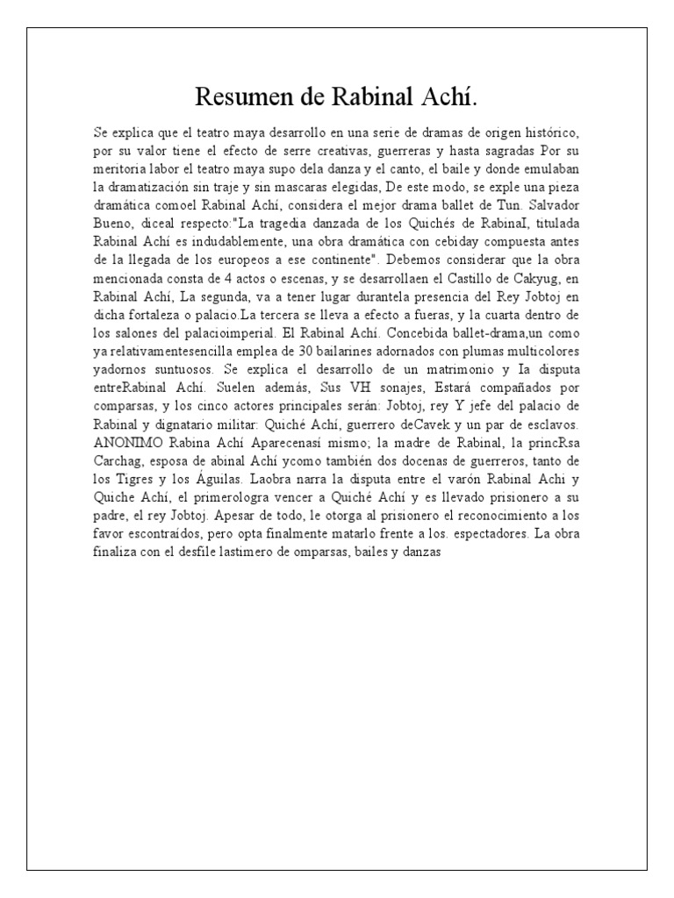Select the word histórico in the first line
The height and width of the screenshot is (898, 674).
[x=549, y=132]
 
